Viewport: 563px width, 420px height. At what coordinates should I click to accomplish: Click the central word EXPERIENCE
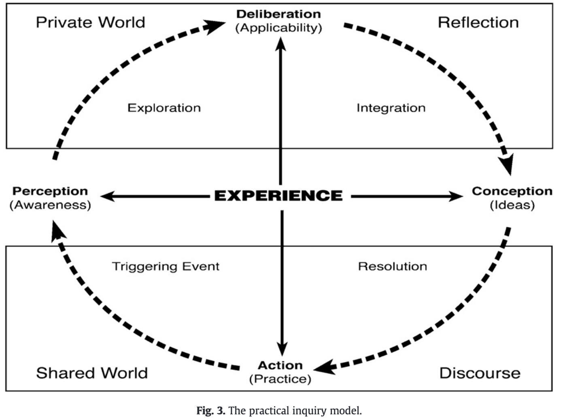click(278, 196)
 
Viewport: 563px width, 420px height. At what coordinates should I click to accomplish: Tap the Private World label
click(90, 22)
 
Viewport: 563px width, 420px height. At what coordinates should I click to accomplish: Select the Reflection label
click(478, 22)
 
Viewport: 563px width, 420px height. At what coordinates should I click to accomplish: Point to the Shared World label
click(92, 373)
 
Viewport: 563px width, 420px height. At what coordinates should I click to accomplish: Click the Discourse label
click(480, 373)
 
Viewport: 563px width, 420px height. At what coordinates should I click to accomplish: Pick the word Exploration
click(164, 108)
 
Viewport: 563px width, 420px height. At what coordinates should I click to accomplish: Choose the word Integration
click(391, 108)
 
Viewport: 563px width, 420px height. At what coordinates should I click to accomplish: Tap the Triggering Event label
click(166, 266)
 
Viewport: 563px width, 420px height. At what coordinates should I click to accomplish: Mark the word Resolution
click(392, 266)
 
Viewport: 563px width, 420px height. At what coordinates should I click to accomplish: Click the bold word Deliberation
click(278, 14)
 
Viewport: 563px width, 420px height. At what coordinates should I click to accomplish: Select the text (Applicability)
click(278, 28)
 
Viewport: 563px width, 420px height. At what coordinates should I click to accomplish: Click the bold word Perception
click(50, 191)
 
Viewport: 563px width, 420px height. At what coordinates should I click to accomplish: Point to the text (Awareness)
click(50, 205)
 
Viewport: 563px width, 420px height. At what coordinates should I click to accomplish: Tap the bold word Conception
click(512, 191)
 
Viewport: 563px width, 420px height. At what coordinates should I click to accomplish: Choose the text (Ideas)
click(512, 205)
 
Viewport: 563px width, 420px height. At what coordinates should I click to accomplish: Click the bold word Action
click(280, 365)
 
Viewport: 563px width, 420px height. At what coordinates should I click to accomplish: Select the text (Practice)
click(280, 379)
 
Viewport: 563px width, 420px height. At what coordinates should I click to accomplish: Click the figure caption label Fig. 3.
click(210, 411)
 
